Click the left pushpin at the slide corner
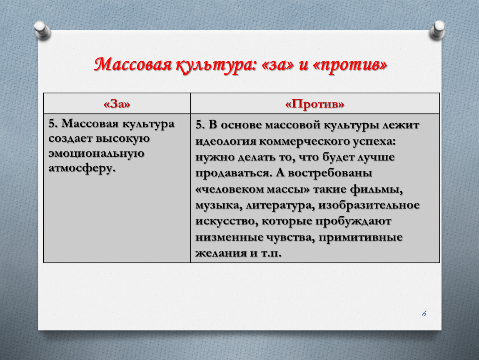[42, 30]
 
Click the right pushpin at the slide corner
[437, 30]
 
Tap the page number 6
[424, 313]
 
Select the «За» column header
[117, 104]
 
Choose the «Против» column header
[314, 104]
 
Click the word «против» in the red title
[350, 65]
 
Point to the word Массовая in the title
[133, 65]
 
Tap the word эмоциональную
[96, 153]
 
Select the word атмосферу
[82, 168]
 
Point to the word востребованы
[330, 173]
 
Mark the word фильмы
[377, 190]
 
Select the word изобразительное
[369, 205]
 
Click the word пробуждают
[353, 221]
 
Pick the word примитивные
[360, 237]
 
